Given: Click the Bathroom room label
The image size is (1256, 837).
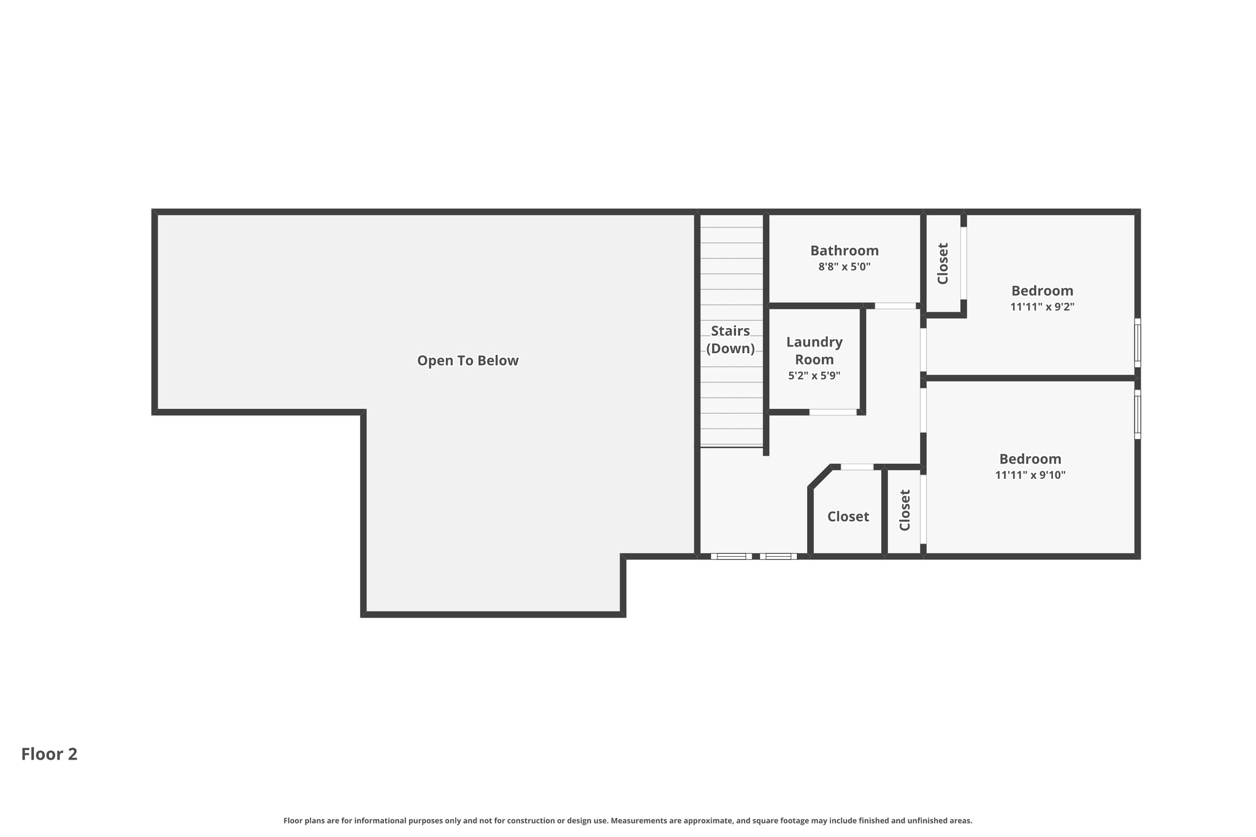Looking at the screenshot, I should (x=844, y=250).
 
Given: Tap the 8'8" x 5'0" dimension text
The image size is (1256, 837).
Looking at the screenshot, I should (x=844, y=267).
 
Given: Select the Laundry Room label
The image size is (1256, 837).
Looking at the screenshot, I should (x=814, y=351).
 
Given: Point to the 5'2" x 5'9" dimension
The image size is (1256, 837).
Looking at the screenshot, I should (x=814, y=376).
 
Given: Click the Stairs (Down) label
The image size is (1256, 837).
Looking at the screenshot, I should (x=730, y=340).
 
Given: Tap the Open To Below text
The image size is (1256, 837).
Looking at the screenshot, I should (x=468, y=361).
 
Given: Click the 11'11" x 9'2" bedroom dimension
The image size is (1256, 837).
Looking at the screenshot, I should (x=1042, y=307).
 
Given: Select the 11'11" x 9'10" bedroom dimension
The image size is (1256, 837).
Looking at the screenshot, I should (x=1030, y=475).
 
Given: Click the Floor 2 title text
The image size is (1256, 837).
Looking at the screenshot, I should (x=49, y=754).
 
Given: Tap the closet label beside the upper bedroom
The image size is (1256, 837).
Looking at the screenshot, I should (x=943, y=263).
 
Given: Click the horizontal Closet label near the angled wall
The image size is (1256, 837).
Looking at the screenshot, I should (x=848, y=516).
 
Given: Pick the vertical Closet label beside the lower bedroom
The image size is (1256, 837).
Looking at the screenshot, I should (x=905, y=510).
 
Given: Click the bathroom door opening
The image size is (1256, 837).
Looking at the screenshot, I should (x=895, y=305).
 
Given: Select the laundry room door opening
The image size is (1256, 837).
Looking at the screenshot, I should (x=832, y=412).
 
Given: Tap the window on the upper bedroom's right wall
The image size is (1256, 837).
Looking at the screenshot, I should (x=1137, y=343).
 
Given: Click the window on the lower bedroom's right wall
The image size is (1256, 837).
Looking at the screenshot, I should (x=1137, y=414).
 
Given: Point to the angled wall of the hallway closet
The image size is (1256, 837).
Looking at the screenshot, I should (x=821, y=477).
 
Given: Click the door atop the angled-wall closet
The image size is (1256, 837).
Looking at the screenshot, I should (x=857, y=467).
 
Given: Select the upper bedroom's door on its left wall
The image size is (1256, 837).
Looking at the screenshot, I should (x=923, y=350).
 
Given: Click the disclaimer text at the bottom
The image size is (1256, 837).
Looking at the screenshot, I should (x=627, y=820).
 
